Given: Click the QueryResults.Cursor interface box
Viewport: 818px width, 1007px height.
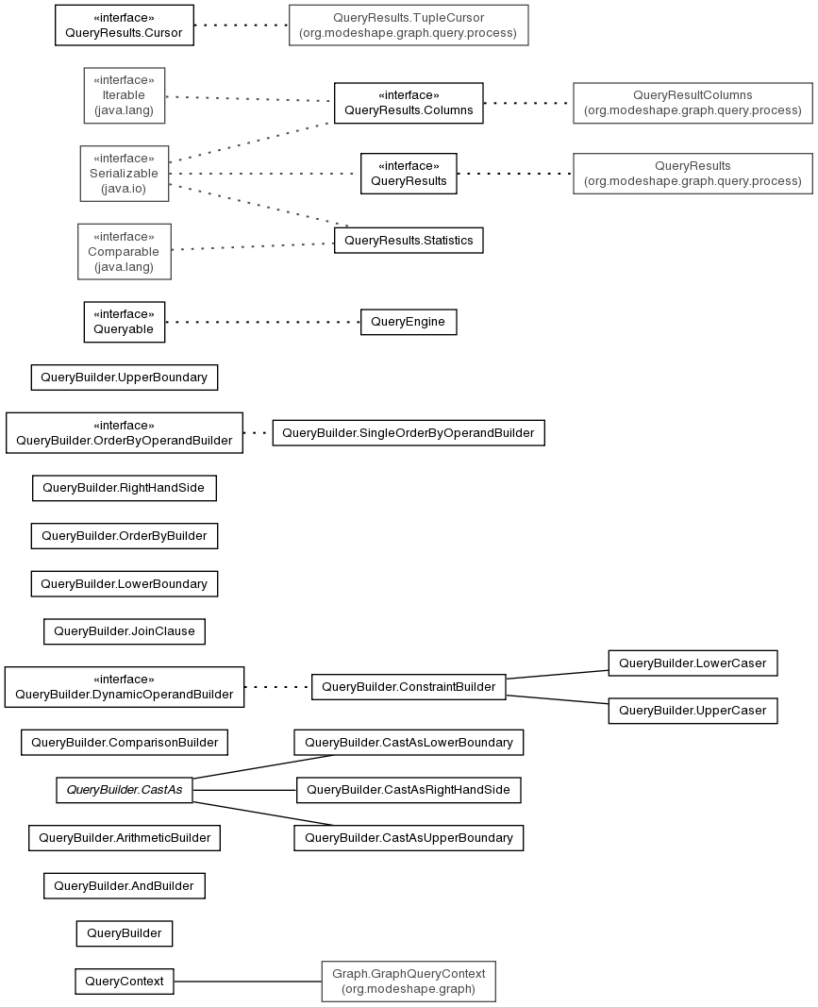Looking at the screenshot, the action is (124, 25).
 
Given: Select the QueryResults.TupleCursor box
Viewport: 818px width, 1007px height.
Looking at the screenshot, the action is (409, 25).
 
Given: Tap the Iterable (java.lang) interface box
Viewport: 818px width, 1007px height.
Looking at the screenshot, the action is (124, 95).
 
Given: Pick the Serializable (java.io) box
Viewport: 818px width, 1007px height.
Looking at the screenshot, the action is (124, 174).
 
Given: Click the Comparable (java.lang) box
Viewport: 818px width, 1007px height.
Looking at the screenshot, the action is (124, 252).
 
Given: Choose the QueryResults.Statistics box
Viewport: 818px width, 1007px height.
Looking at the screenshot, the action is (409, 241).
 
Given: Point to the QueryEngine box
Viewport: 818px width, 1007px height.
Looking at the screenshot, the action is (409, 322).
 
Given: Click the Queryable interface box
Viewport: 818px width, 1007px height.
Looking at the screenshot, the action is (124, 322).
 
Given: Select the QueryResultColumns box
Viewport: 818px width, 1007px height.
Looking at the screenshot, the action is (693, 103).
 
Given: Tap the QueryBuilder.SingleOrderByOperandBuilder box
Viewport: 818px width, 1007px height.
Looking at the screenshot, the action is (409, 433).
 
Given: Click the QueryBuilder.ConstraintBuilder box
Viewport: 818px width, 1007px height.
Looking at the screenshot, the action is (409, 687).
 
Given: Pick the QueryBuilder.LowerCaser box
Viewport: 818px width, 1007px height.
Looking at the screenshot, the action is (693, 663).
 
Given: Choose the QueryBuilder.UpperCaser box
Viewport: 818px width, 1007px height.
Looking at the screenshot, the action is (693, 711).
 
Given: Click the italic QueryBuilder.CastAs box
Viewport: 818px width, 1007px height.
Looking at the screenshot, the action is (124, 790).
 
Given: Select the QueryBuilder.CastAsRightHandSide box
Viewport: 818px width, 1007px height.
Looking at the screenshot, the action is (409, 790).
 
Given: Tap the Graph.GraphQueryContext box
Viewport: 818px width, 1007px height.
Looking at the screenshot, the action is (409, 982).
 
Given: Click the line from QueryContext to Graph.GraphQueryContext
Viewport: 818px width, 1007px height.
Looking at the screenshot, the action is (248, 982).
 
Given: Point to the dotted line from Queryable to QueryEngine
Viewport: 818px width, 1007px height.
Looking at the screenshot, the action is (262, 322).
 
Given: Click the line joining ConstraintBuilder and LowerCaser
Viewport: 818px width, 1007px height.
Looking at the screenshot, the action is (558, 675).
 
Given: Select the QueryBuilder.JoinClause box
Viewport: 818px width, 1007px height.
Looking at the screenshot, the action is (124, 631).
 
